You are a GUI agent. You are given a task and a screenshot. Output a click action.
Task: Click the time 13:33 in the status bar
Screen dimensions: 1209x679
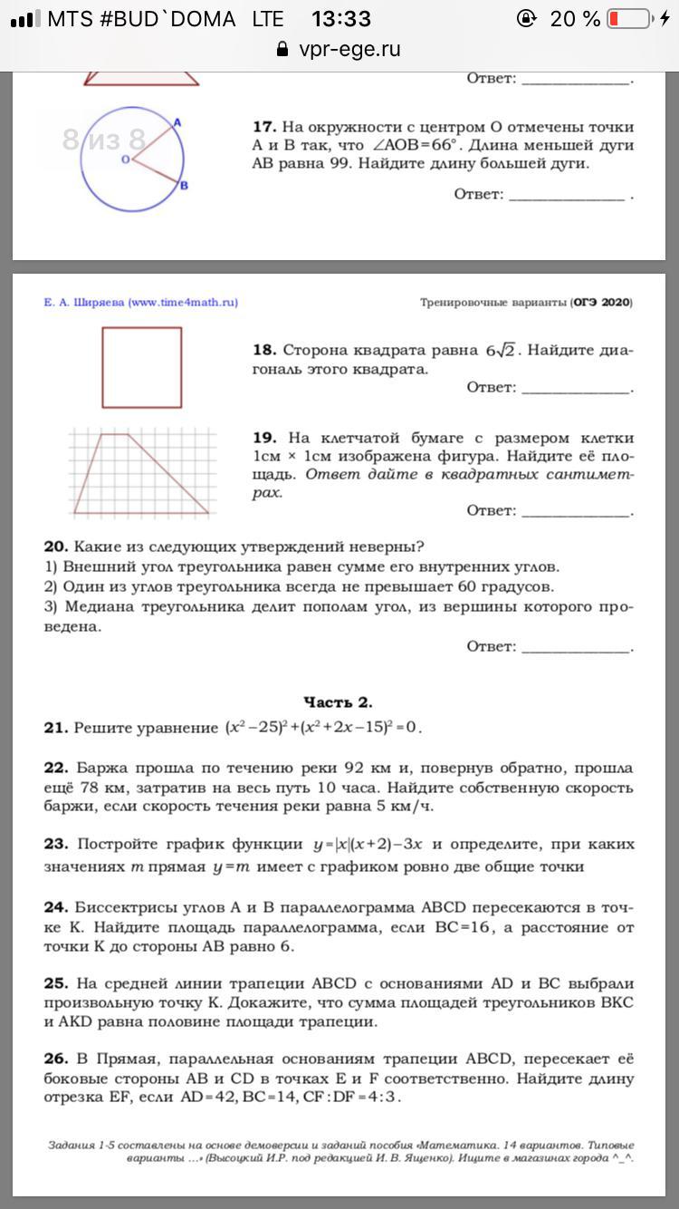(x=340, y=18)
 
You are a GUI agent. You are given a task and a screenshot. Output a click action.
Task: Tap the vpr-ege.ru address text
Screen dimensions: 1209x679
(x=349, y=49)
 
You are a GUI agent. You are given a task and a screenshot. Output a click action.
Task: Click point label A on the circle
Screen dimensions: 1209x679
(x=177, y=122)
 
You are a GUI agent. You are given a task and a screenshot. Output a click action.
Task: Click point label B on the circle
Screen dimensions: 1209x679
(x=183, y=186)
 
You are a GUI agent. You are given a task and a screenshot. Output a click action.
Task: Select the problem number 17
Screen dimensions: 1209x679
(x=263, y=127)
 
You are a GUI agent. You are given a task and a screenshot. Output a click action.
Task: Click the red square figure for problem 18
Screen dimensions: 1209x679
(x=141, y=367)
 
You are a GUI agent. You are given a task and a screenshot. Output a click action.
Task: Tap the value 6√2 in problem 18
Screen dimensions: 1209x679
(x=500, y=351)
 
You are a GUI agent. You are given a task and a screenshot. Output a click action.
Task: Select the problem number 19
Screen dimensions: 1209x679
(x=263, y=438)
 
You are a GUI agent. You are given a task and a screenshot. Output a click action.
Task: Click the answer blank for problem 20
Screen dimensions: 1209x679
(x=576, y=646)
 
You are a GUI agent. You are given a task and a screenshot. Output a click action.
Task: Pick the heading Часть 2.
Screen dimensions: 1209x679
(x=338, y=702)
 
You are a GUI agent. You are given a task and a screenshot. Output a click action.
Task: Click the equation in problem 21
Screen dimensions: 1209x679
(x=323, y=728)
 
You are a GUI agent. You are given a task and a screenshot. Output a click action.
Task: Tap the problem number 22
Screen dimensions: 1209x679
(x=55, y=768)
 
